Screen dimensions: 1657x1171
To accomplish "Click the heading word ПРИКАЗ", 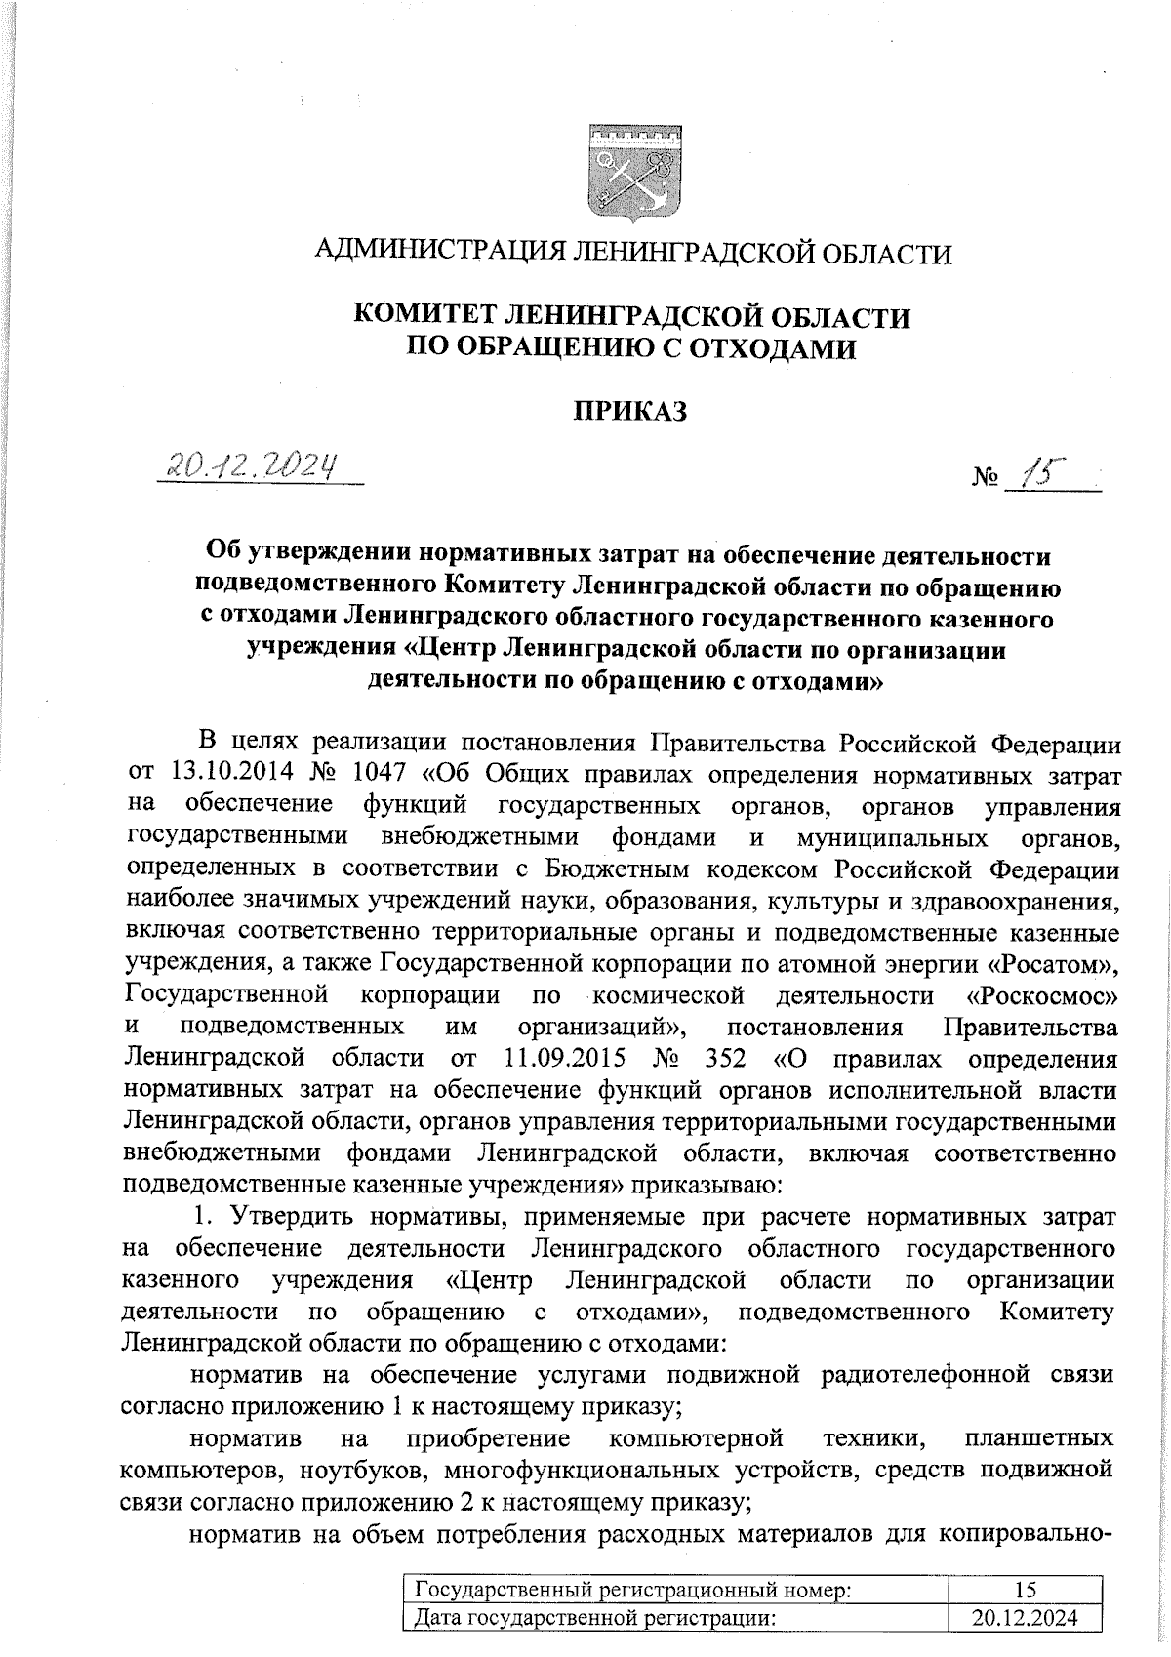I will click(x=629, y=411).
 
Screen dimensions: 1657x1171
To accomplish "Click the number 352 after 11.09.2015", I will click(x=722, y=1059).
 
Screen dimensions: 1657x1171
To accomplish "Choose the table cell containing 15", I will click(x=1024, y=1590).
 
